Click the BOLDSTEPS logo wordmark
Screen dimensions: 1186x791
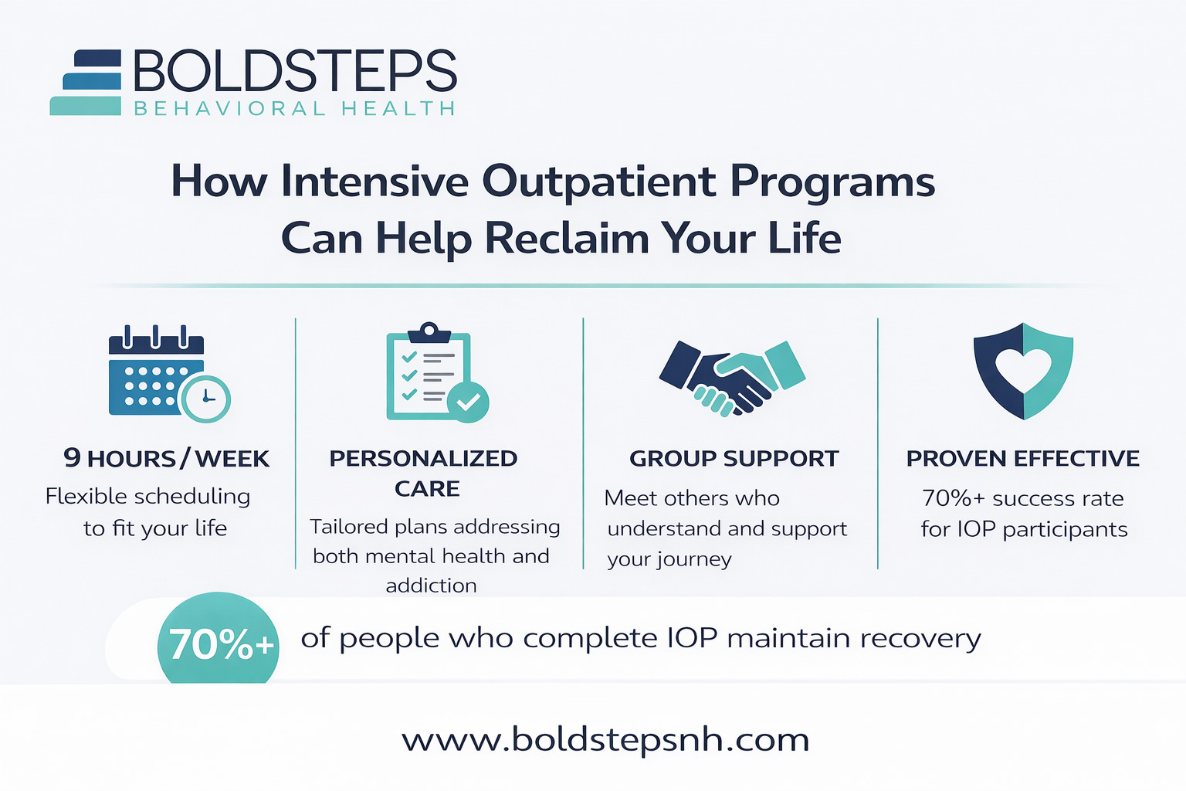pos(295,71)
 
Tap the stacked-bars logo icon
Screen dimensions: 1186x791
pos(86,82)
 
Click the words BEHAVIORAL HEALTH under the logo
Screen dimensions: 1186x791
pos(294,109)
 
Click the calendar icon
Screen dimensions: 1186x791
pos(169,374)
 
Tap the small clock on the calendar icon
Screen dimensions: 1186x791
pos(206,399)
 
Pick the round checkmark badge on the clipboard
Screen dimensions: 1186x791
pos(468,402)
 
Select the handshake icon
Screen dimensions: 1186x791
pos(732,378)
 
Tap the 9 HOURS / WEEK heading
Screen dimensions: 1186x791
pos(166,458)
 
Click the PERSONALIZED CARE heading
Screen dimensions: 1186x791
pos(424,473)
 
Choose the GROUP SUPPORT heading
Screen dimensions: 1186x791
pos(734,458)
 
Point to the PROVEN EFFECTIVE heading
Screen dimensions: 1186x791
pos(1023,458)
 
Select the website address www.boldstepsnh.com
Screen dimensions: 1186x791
pos(605,740)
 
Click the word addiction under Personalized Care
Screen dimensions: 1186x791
pos(431,586)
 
